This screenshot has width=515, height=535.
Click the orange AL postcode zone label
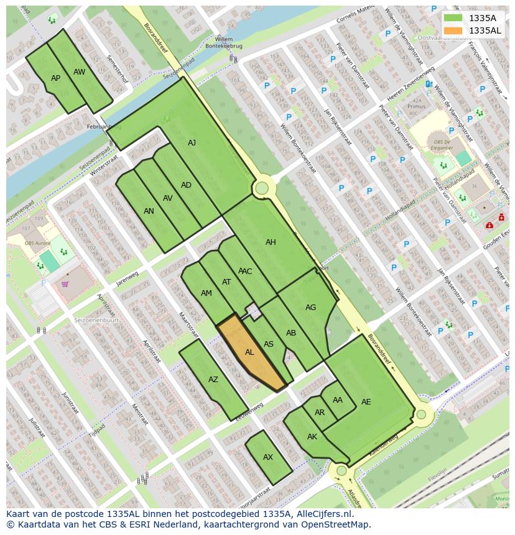coord(249,352)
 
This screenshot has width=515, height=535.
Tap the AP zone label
coord(56,78)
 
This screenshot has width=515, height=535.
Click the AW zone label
coord(79,72)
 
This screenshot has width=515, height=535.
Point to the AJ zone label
coord(192,143)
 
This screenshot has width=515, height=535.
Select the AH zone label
coord(271,242)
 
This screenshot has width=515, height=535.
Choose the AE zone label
coord(366,402)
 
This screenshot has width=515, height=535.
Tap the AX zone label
coord(268,457)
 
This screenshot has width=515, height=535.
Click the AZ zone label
coord(213,380)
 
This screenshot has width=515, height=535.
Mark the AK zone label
coord(312,437)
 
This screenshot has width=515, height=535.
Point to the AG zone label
coord(310,308)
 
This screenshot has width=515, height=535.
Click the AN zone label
coord(149,211)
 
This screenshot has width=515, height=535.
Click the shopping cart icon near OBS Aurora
coord(65,285)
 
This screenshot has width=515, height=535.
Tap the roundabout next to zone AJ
coord(262,188)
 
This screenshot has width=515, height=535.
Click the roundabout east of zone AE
coord(421,414)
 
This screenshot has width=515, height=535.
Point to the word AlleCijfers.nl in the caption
coord(323,514)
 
